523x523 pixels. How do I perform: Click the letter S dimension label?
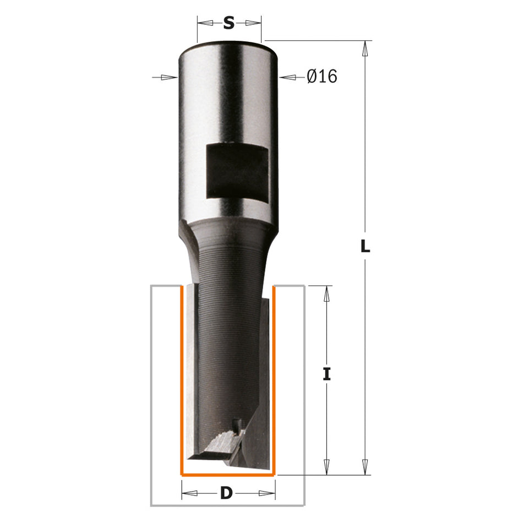click(x=229, y=24)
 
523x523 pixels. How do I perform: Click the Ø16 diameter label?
click(x=322, y=77)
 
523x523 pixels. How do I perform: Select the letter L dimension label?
click(x=364, y=247)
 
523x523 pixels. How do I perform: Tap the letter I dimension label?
click(x=327, y=375)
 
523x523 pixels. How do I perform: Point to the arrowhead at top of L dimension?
click(x=364, y=50)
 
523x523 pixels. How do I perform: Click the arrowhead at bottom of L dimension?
click(x=364, y=467)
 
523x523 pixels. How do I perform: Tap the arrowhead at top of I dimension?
click(x=327, y=294)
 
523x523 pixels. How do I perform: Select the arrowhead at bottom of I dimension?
click(x=327, y=467)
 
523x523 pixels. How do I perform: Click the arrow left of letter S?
click(x=206, y=23)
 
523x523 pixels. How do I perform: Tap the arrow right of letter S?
click(x=252, y=23)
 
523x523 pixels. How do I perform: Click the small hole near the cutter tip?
click(x=236, y=423)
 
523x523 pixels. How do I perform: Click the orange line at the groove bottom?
click(x=228, y=474)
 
